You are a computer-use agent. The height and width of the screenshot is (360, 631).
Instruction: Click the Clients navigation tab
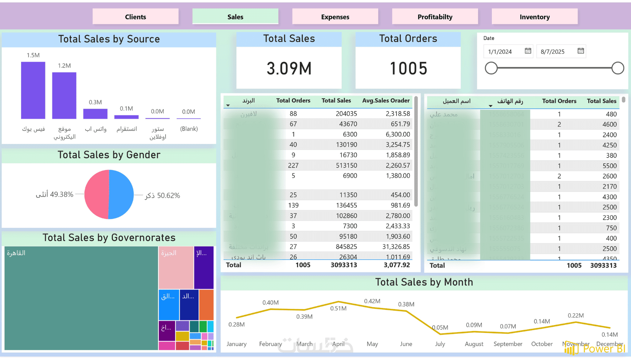pyautogui.click(x=135, y=17)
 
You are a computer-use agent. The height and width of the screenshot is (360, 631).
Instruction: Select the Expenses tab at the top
pyautogui.click(x=335, y=17)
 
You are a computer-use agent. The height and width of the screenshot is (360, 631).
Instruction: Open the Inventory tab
pyautogui.click(x=534, y=17)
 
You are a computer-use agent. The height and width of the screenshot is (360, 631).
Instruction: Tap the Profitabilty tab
pyautogui.click(x=435, y=17)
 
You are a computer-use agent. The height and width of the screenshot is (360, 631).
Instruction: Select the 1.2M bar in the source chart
pyautogui.click(x=64, y=95)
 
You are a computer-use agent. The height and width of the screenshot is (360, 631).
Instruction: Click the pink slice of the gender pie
pyautogui.click(x=96, y=194)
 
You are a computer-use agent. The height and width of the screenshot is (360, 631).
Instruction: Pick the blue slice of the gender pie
pyautogui.click(x=121, y=194)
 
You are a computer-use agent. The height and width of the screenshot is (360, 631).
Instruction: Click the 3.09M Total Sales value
pyautogui.click(x=289, y=69)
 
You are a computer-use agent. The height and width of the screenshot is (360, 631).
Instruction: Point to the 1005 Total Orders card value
pyautogui.click(x=408, y=69)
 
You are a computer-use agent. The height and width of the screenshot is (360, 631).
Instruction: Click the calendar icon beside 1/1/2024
pyautogui.click(x=528, y=51)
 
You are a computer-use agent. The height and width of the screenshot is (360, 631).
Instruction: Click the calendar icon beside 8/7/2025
pyautogui.click(x=581, y=51)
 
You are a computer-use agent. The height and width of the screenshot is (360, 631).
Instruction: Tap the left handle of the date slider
pyautogui.click(x=491, y=68)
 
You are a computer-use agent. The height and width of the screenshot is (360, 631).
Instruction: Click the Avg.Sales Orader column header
pyautogui.click(x=386, y=101)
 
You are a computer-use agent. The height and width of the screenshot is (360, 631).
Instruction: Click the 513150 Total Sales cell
pyautogui.click(x=346, y=166)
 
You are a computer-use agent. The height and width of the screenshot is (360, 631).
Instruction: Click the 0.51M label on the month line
pyautogui.click(x=338, y=308)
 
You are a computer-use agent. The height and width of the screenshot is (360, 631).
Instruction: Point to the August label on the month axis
pyautogui.click(x=474, y=344)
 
